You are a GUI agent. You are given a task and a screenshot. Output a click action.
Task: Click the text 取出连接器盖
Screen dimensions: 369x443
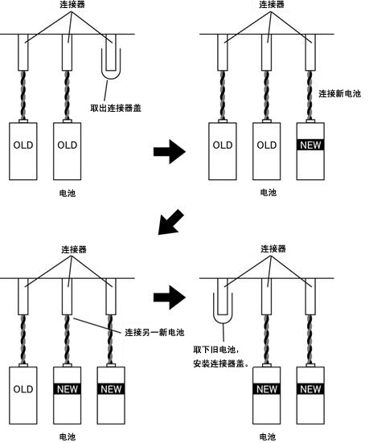tap(116, 108)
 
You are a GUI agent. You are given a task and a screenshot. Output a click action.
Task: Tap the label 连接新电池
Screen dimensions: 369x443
tap(339, 93)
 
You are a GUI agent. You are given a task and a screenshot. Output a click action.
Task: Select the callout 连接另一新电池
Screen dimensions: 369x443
tap(154, 332)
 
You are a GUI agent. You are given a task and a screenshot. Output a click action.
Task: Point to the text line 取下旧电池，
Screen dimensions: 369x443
tap(216, 350)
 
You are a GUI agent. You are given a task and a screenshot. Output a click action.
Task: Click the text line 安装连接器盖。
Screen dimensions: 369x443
tap(221, 363)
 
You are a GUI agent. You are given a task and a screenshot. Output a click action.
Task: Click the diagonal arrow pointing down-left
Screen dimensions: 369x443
tap(170, 222)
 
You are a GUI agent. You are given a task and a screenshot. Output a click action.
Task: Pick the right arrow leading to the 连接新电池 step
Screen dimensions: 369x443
tap(170, 151)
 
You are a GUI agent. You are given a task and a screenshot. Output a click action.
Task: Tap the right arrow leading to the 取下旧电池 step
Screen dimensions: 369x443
tap(170, 297)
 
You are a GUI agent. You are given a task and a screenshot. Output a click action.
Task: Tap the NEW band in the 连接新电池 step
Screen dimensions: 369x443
tap(310, 145)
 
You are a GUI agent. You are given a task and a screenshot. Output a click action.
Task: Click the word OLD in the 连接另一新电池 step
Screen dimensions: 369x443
tap(23, 389)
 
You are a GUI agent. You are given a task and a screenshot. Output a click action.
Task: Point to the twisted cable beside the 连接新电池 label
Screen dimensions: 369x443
tap(310, 95)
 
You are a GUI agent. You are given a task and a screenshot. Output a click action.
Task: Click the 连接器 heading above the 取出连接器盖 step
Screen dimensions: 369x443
tap(72, 4)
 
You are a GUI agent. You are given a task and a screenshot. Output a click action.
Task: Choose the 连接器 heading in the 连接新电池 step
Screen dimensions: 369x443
tap(272, 4)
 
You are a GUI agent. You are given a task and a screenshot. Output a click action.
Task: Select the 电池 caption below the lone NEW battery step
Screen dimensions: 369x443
tap(268, 193)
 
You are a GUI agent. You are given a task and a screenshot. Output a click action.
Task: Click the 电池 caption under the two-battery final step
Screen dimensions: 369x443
tap(267, 437)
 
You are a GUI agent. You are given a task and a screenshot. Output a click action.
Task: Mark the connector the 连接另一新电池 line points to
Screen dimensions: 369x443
tap(68, 297)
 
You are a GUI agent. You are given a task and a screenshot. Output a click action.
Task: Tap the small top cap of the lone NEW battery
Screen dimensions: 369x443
tap(310, 121)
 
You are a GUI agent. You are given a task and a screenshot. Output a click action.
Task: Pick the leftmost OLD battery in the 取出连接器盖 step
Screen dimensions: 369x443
tap(23, 151)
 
